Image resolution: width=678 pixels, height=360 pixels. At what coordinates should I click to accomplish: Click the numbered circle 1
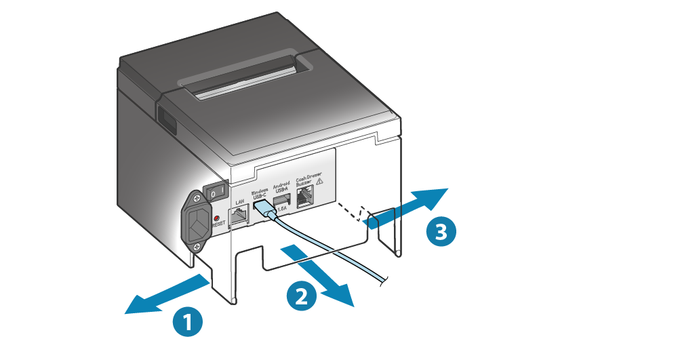(x=187, y=321)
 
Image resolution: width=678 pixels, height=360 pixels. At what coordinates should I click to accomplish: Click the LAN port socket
(x=240, y=216)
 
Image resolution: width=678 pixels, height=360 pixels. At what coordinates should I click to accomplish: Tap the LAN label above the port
(x=239, y=202)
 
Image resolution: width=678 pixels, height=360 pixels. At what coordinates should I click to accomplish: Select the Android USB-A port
(x=282, y=200)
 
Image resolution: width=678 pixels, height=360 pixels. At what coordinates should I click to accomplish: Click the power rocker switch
(x=216, y=193)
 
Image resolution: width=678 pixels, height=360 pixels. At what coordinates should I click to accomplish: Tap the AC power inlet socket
(x=197, y=220)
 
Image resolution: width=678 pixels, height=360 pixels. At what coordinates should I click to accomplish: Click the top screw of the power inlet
(x=197, y=198)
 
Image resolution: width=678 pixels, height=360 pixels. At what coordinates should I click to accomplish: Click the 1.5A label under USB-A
(x=282, y=212)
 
